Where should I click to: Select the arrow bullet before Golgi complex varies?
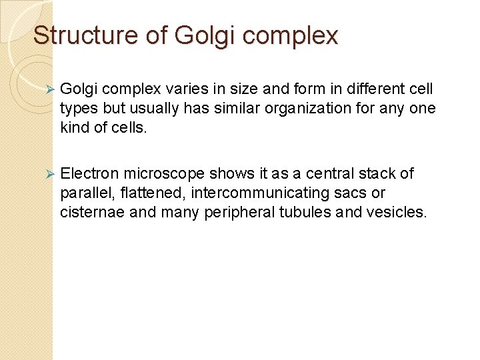coord(46,90)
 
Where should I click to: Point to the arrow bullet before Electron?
coord(46,175)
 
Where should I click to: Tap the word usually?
coord(155,109)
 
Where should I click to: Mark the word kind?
coord(73,127)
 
